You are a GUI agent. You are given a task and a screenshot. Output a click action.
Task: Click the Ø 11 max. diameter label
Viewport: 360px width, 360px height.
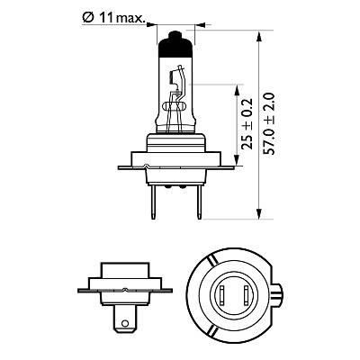[x=113, y=19]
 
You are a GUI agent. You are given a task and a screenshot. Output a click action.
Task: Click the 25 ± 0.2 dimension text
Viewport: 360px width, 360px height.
[x=247, y=124]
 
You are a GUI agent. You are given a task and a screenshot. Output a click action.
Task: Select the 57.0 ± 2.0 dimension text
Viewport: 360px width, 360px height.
[x=269, y=124]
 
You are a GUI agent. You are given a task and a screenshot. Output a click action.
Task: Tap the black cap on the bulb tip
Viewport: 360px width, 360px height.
[x=175, y=44]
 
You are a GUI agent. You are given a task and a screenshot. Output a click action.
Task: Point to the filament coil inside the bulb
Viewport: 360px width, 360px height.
[x=172, y=77]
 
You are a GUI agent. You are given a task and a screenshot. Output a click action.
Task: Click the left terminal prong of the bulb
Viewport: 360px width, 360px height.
[x=153, y=202]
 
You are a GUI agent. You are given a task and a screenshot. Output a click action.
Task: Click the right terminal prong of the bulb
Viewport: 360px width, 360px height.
[x=199, y=202]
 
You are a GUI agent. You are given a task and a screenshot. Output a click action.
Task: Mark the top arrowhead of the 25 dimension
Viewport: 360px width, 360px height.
[x=237, y=90]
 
